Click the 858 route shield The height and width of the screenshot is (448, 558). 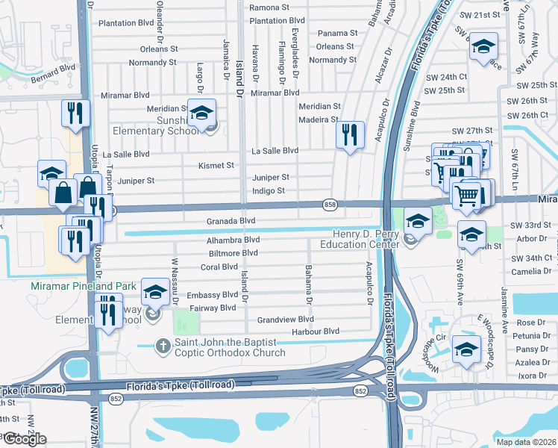[329, 204]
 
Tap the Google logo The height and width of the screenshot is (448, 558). [24, 439]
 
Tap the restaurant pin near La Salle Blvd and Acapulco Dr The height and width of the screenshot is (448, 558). [349, 134]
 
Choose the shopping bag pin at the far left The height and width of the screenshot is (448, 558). [63, 191]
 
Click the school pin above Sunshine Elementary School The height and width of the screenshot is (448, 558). [201, 113]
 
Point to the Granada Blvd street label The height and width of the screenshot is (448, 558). [231, 221]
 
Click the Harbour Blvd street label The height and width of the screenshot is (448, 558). [316, 331]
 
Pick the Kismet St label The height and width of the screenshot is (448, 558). [216, 165]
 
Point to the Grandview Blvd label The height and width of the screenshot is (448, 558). [285, 319]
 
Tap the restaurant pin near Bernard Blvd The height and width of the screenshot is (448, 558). [75, 112]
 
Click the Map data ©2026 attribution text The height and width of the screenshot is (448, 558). [526, 441]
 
